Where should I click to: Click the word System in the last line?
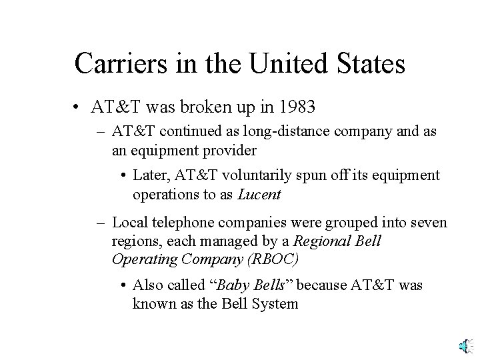(275, 304)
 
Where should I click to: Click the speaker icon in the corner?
(465, 345)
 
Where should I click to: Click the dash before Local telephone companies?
(102, 221)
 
